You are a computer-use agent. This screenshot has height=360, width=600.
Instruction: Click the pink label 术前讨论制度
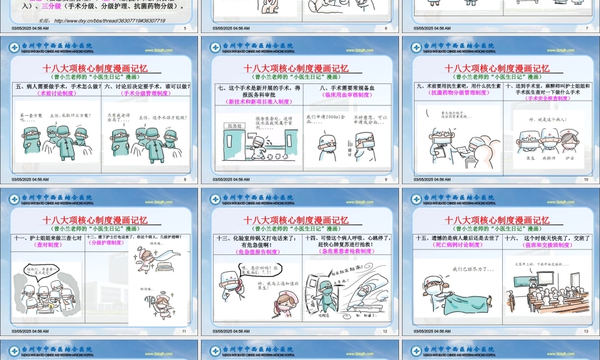point(57,94)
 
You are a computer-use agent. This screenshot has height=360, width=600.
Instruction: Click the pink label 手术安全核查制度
point(549,98)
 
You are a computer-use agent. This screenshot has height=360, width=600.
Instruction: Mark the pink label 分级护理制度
point(106,243)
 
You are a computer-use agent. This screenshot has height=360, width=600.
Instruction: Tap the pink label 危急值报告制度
point(257,252)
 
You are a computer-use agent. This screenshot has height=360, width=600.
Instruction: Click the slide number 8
point(185,179)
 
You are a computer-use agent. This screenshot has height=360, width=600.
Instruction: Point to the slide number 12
point(385,331)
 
